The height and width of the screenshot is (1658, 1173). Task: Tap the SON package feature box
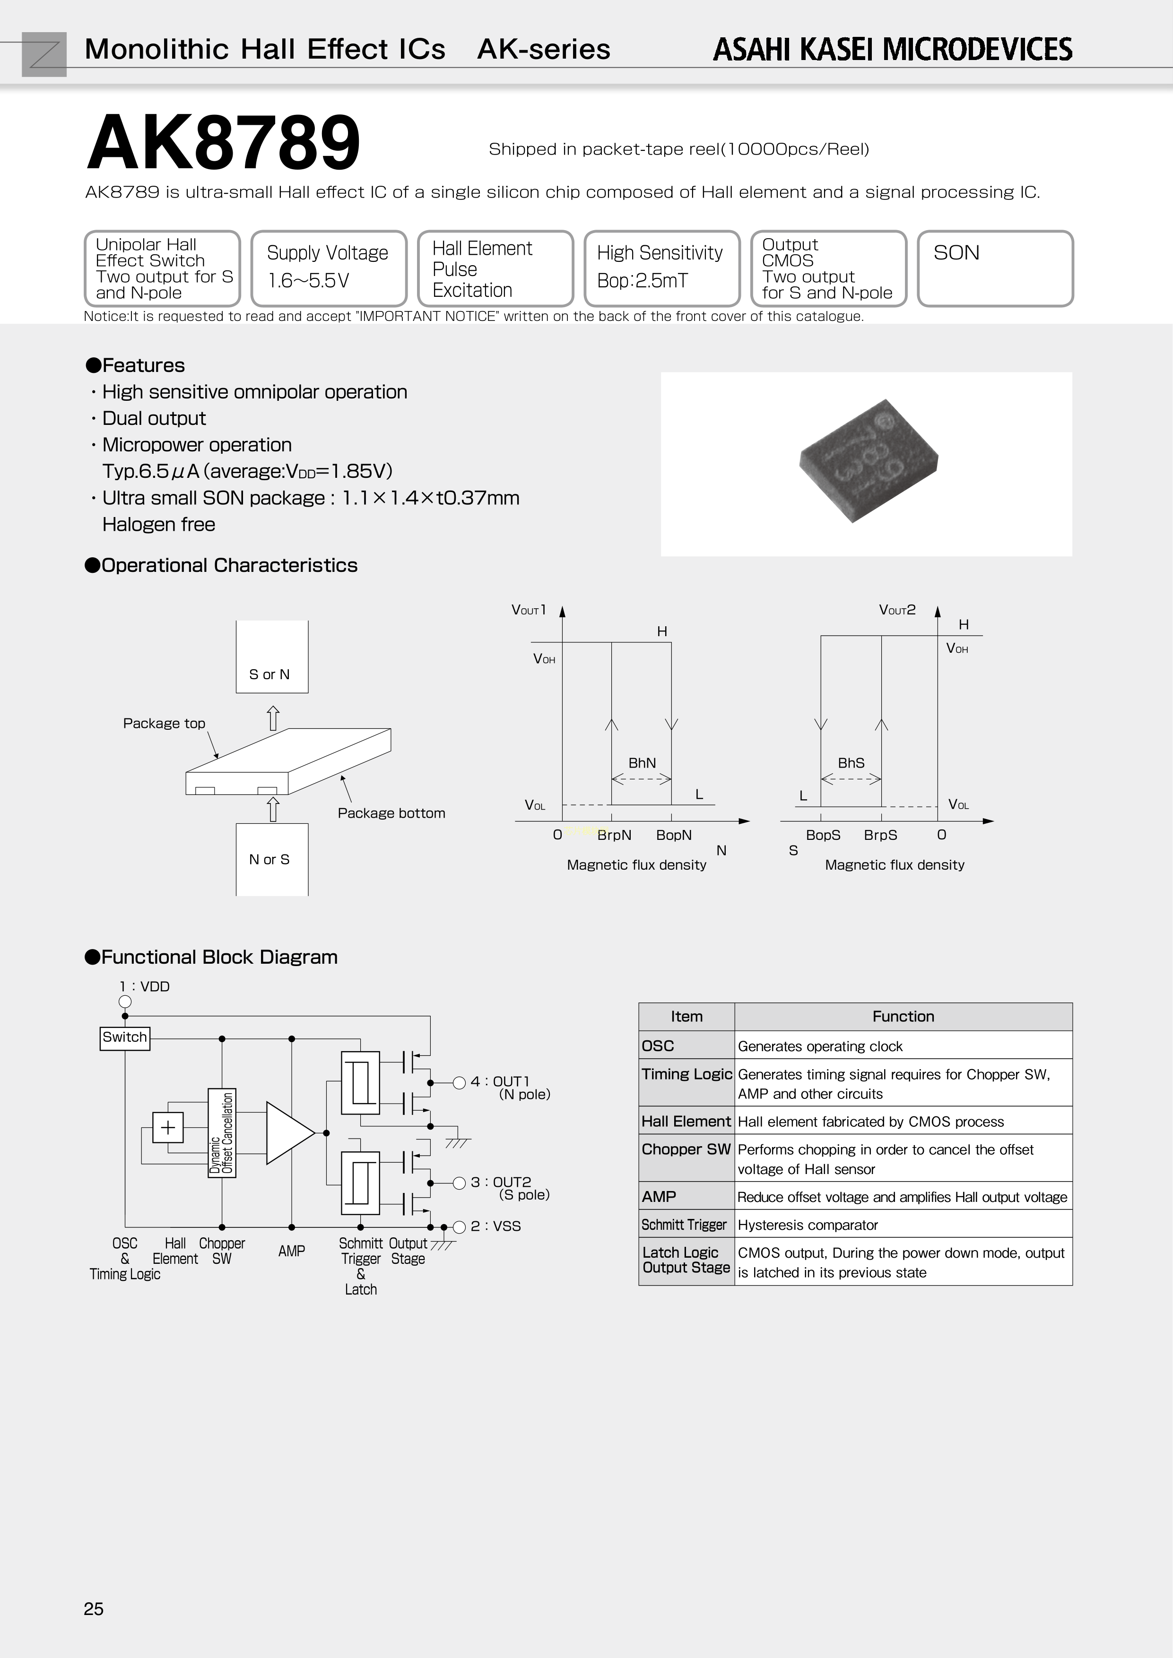(x=995, y=268)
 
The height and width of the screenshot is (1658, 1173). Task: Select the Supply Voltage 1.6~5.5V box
(x=329, y=268)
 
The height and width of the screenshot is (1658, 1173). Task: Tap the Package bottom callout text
(x=391, y=813)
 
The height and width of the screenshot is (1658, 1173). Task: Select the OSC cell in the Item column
(x=686, y=1045)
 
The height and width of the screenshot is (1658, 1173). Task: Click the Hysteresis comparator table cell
(x=808, y=1225)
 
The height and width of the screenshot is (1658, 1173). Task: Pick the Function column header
(x=903, y=1017)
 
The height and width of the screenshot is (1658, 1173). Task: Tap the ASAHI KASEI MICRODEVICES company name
(x=892, y=49)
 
